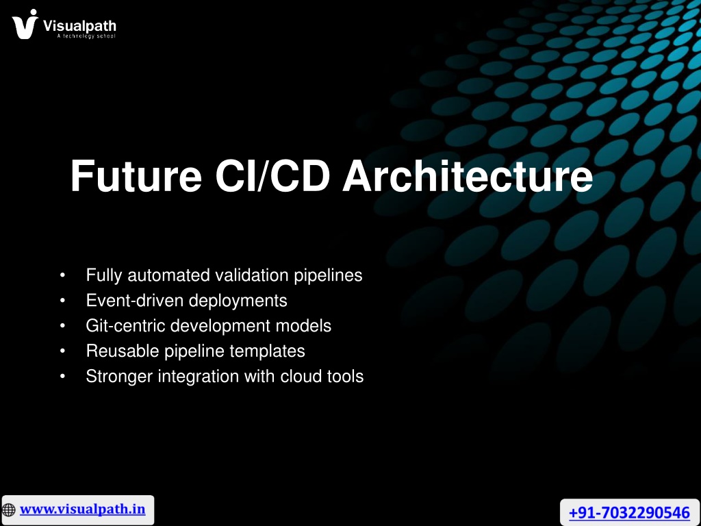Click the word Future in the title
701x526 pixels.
pyautogui.click(x=136, y=176)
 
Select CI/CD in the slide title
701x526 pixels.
pyautogui.click(x=272, y=176)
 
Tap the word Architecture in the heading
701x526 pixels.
pyautogui.click(x=468, y=176)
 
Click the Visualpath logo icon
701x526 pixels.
pyautogui.click(x=25, y=24)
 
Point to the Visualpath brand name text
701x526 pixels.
pyautogui.click(x=79, y=26)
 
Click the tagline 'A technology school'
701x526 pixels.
pyautogui.click(x=86, y=36)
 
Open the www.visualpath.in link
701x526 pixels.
pyautogui.click(x=83, y=510)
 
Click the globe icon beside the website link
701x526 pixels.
pyautogui.click(x=8, y=510)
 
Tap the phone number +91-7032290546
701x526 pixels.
pyautogui.click(x=630, y=512)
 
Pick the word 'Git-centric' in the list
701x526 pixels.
pyautogui.click(x=126, y=325)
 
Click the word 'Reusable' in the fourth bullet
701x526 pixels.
pyautogui.click(x=123, y=351)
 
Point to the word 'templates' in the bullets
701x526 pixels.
pyautogui.click(x=268, y=351)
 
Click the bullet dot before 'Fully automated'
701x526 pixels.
pyautogui.click(x=62, y=275)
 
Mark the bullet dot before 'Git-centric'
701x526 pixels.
pyautogui.click(x=62, y=325)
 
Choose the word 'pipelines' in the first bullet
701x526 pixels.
pyautogui.click(x=328, y=275)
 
